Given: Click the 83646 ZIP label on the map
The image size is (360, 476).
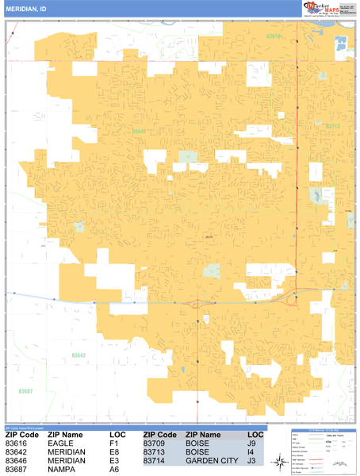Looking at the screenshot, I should point(140,132).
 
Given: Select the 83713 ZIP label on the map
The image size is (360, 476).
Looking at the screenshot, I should point(333,125).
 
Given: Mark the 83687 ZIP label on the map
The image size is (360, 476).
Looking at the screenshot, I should point(26,391).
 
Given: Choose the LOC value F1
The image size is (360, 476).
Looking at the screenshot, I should point(115,444).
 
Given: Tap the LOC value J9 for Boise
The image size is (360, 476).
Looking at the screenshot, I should point(251,444).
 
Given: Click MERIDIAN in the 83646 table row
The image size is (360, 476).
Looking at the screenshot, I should point(67,461).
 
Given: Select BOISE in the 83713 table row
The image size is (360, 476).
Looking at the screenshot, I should point(198,452).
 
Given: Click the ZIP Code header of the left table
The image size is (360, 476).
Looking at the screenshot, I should point(22,435).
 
